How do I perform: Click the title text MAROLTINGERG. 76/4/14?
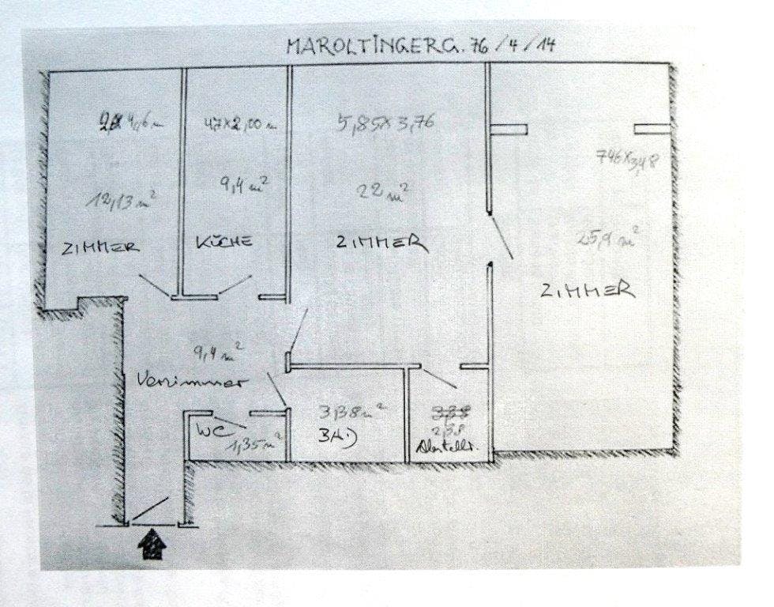(x=420, y=44)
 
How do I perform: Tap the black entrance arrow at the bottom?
(x=150, y=546)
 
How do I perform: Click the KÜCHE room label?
(x=224, y=241)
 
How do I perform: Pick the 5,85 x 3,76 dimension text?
(x=386, y=123)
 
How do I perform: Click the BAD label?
(x=335, y=436)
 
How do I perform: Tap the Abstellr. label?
(x=448, y=447)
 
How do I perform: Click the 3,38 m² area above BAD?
(x=351, y=411)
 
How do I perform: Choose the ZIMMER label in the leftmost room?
(x=100, y=247)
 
